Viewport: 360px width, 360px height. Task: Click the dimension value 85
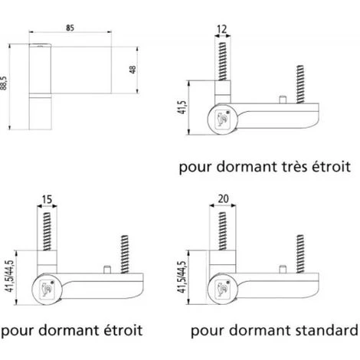click(70, 28)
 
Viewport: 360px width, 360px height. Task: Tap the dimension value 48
click(133, 70)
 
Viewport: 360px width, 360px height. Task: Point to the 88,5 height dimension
click(4, 83)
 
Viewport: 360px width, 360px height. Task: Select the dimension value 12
click(222, 29)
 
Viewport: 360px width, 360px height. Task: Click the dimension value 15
click(47, 199)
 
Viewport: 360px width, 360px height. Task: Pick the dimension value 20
click(223, 198)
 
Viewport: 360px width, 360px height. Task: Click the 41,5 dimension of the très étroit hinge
click(182, 107)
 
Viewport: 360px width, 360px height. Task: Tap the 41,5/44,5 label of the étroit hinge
click(11, 277)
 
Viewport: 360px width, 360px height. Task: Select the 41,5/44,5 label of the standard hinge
click(182, 277)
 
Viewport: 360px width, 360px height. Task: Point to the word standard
click(326, 330)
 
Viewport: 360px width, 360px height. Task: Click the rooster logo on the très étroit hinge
click(222, 119)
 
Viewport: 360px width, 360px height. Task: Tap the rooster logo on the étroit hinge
click(47, 289)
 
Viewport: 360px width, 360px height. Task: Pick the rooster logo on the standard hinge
click(222, 289)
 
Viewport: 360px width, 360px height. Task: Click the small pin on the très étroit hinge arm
click(282, 99)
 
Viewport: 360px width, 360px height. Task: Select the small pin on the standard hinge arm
click(282, 270)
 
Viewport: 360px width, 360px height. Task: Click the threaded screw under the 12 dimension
click(222, 61)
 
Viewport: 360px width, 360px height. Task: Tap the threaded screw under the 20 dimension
click(222, 231)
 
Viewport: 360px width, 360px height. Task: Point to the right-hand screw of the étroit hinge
click(124, 254)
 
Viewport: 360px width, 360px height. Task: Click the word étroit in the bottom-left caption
click(123, 330)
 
